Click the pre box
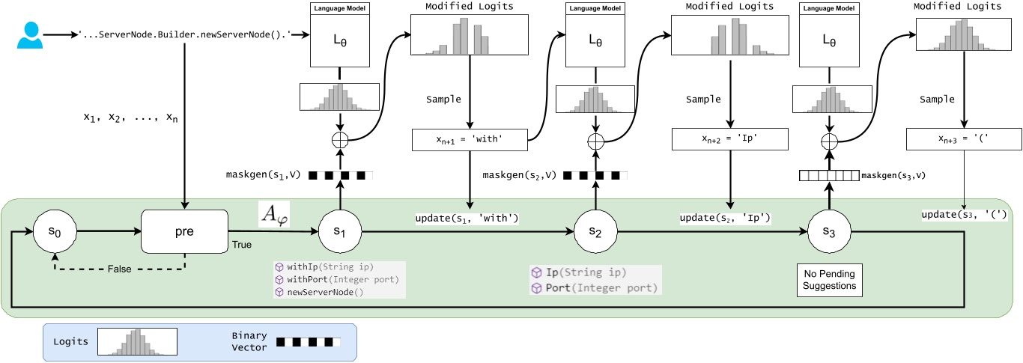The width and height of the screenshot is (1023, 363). coord(184,232)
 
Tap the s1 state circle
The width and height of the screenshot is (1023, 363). coord(340,232)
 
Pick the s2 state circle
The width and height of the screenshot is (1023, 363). coord(595,232)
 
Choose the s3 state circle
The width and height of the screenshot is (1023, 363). coord(828,232)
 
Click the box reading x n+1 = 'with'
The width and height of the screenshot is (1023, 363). coord(470,138)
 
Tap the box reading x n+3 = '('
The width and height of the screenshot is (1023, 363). coord(963,138)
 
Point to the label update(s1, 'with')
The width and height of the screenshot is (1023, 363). coord(467,219)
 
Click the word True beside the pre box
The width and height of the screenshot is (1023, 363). coord(242,244)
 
